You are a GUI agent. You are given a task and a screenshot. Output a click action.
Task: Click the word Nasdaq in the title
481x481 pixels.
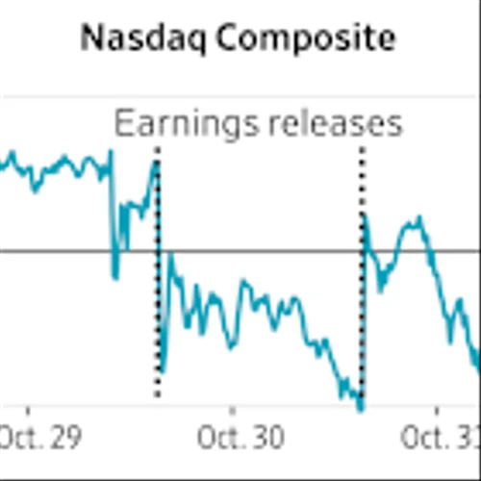click(x=132, y=38)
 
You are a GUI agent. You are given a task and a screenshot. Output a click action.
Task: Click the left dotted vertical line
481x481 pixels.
click(x=158, y=289)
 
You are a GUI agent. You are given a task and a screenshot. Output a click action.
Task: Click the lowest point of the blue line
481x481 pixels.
click(x=360, y=409)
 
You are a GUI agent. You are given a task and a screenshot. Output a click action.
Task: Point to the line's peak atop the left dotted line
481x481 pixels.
click(x=156, y=162)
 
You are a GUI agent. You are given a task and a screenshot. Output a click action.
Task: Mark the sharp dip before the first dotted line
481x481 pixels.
click(x=115, y=277)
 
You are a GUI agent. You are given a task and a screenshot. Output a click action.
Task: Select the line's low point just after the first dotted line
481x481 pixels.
click(x=164, y=370)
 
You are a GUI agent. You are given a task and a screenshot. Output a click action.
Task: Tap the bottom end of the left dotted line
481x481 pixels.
click(x=158, y=394)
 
